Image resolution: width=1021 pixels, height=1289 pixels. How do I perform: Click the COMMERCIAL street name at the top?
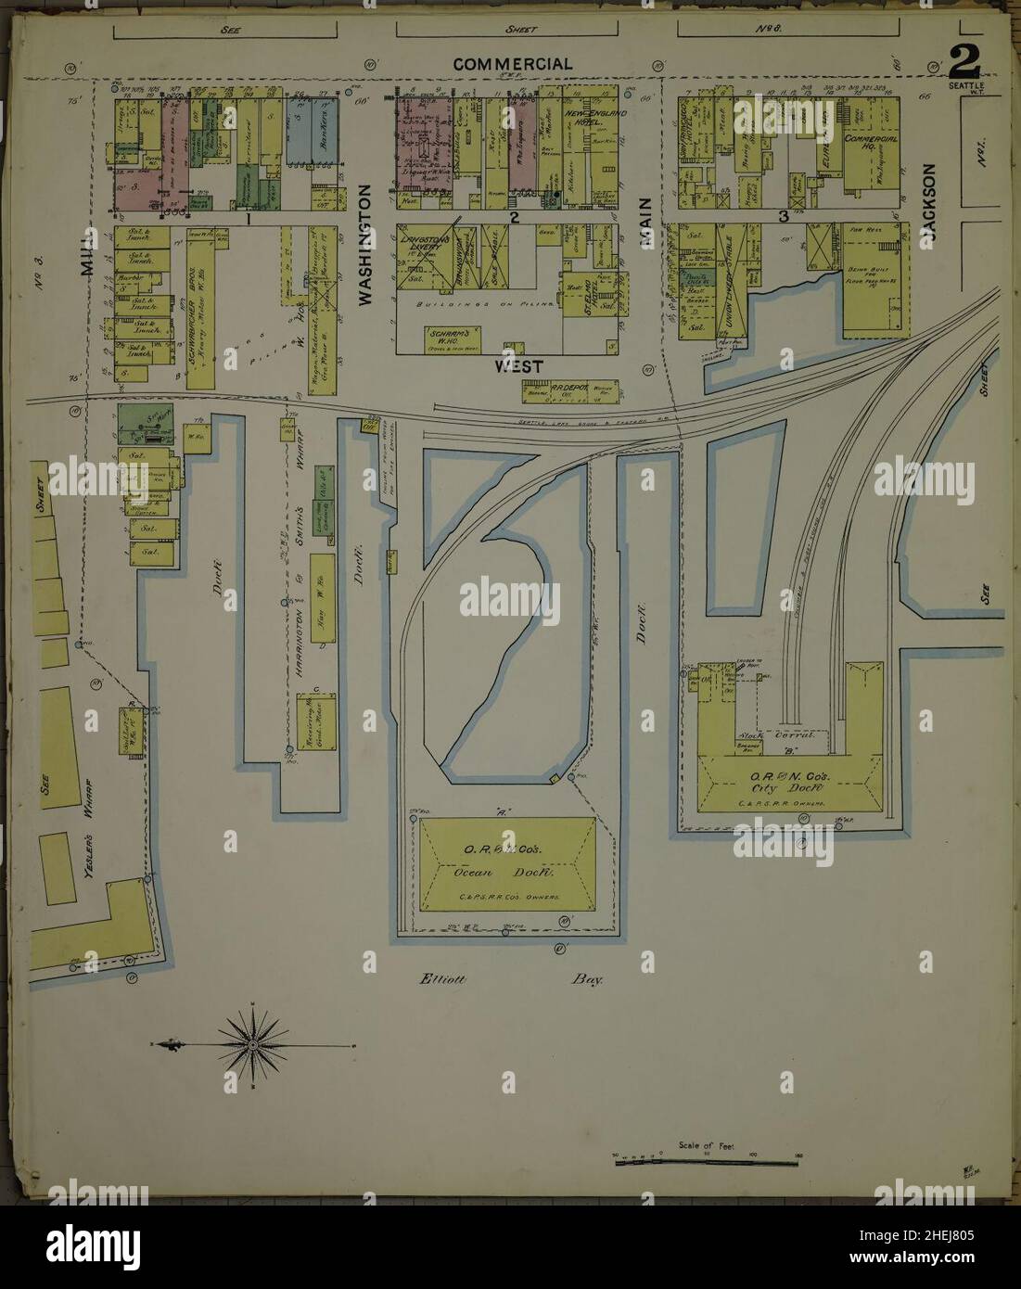pos(512,64)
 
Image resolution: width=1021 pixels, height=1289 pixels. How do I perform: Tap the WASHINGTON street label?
pos(364,244)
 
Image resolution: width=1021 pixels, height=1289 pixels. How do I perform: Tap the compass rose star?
pos(252,1045)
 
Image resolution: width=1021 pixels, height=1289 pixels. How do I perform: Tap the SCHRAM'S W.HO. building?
pos(450,337)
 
